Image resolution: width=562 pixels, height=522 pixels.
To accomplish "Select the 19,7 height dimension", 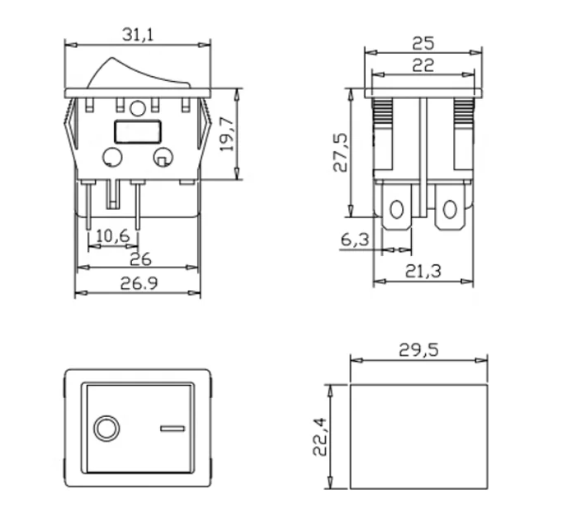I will point(229,132).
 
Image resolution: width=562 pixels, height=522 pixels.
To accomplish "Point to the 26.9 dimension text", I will point(139,284).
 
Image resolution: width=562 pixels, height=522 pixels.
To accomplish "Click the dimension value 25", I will point(423,42).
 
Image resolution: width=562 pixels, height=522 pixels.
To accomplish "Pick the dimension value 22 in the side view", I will point(423,66).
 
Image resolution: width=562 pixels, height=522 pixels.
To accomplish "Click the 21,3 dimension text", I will point(423,270).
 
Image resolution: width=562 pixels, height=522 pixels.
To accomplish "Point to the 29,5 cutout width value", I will point(418,349).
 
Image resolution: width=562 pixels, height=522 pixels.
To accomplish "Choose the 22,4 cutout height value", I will point(320,436).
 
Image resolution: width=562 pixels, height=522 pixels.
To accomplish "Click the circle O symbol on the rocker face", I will point(106,428).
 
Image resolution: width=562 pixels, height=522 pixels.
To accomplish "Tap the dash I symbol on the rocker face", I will point(171,428).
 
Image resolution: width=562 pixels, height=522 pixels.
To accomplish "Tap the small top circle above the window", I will point(138,108).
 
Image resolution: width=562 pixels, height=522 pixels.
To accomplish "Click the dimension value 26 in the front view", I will point(139,260).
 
